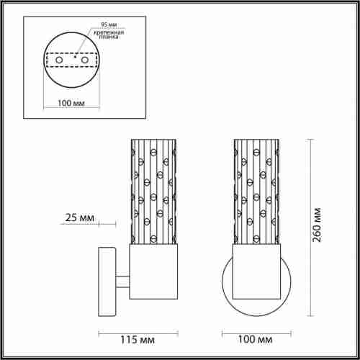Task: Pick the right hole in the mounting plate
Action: [86, 60]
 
